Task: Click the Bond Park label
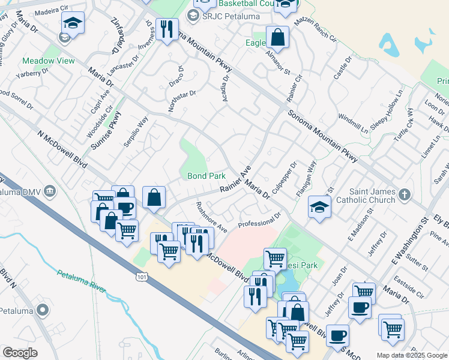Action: coord(206,176)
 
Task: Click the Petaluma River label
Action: coord(81,282)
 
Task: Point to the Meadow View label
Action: coord(49,61)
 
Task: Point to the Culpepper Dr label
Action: coord(284,177)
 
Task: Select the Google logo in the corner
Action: coord(20,353)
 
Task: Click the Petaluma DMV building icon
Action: coord(50,191)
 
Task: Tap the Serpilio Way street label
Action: coord(139,130)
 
